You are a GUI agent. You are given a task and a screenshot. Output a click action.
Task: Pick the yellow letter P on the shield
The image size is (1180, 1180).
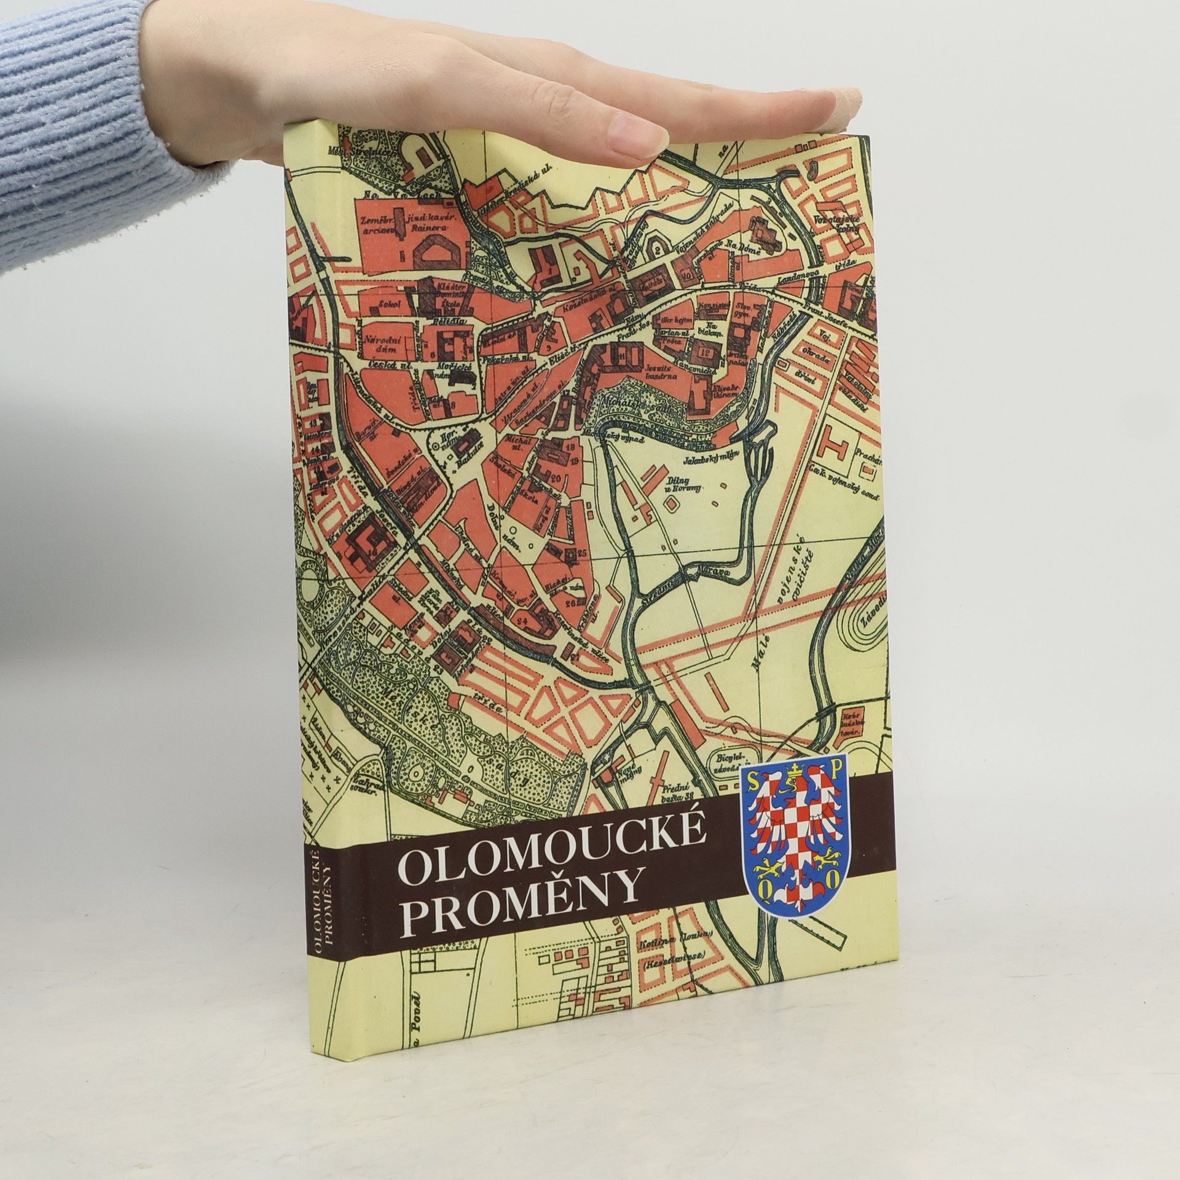pyautogui.click(x=836, y=770)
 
